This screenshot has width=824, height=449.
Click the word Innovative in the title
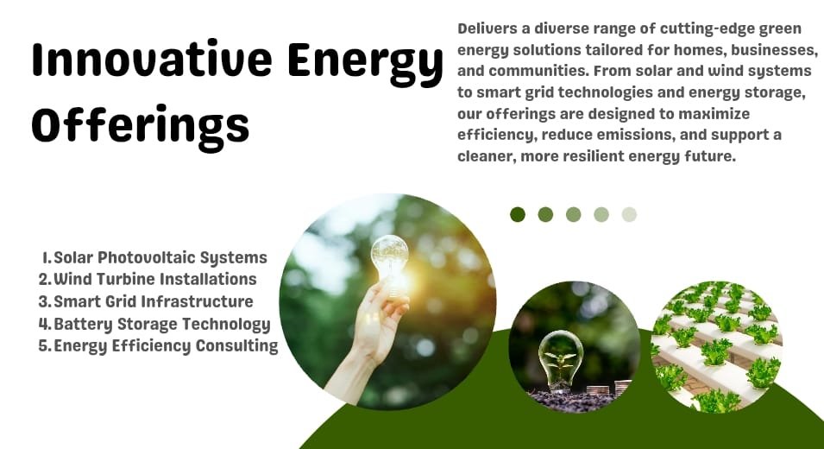point(152,59)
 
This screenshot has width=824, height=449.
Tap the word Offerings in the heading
point(141,126)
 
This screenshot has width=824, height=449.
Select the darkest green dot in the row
point(518,214)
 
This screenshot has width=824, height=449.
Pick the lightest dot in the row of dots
point(629,214)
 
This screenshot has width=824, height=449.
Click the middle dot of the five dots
point(573,214)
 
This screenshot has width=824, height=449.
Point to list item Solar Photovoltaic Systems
point(160,257)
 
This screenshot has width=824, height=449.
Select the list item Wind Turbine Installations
point(155,279)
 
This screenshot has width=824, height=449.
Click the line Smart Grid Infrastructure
point(154,301)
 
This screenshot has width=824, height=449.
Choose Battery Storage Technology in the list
point(162,324)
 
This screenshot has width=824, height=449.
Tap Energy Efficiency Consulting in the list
point(166,346)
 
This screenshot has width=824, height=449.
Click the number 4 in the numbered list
point(44,324)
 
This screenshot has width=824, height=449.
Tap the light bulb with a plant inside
point(561,361)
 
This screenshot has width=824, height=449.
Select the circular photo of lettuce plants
point(716,347)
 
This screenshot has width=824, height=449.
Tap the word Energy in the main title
point(365,63)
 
